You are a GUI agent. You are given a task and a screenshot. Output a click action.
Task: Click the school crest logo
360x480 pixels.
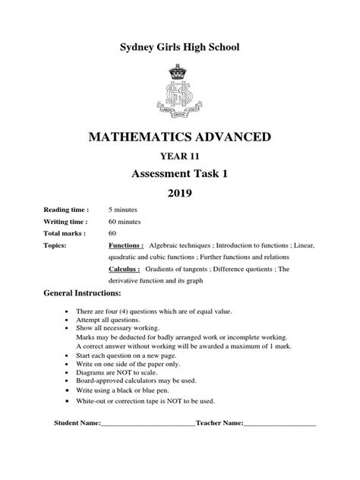(179, 92)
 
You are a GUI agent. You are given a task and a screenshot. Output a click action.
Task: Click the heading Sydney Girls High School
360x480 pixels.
(180, 48)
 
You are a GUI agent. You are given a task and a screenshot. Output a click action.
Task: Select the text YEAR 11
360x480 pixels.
(180, 157)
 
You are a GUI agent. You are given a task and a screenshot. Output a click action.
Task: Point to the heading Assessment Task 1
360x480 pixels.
(180, 174)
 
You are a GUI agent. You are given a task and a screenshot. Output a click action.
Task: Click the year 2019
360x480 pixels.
(180, 194)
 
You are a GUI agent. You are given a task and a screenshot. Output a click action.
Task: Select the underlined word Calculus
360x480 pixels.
(125, 268)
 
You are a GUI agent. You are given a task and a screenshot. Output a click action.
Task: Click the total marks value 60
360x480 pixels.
(112, 233)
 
